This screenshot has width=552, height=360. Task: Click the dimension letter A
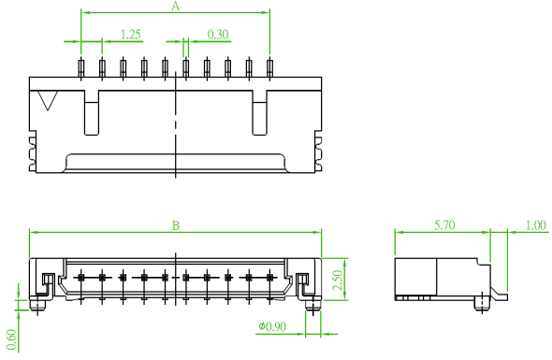tap(175, 6)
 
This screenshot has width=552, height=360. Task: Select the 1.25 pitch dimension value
tap(131, 35)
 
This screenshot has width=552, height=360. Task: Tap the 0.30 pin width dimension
tap(218, 35)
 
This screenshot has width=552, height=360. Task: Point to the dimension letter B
tap(176, 225)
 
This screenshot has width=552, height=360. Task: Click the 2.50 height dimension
tap(337, 280)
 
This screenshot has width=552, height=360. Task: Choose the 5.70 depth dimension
tap(444, 224)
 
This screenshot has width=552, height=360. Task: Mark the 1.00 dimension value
tap(536, 224)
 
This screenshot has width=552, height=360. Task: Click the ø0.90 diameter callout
tap(272, 326)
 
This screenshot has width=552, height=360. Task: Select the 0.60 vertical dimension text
tap(11, 339)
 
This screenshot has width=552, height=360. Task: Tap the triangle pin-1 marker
tap(48, 100)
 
